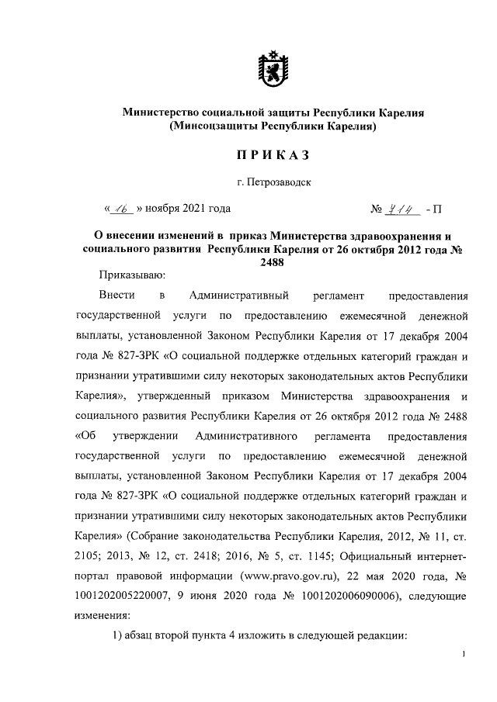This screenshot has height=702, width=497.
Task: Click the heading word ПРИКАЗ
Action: pyautogui.click(x=273, y=156)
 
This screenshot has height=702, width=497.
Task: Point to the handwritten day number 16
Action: pyautogui.click(x=122, y=209)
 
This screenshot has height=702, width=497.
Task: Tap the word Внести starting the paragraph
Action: pyautogui.click(x=117, y=296)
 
